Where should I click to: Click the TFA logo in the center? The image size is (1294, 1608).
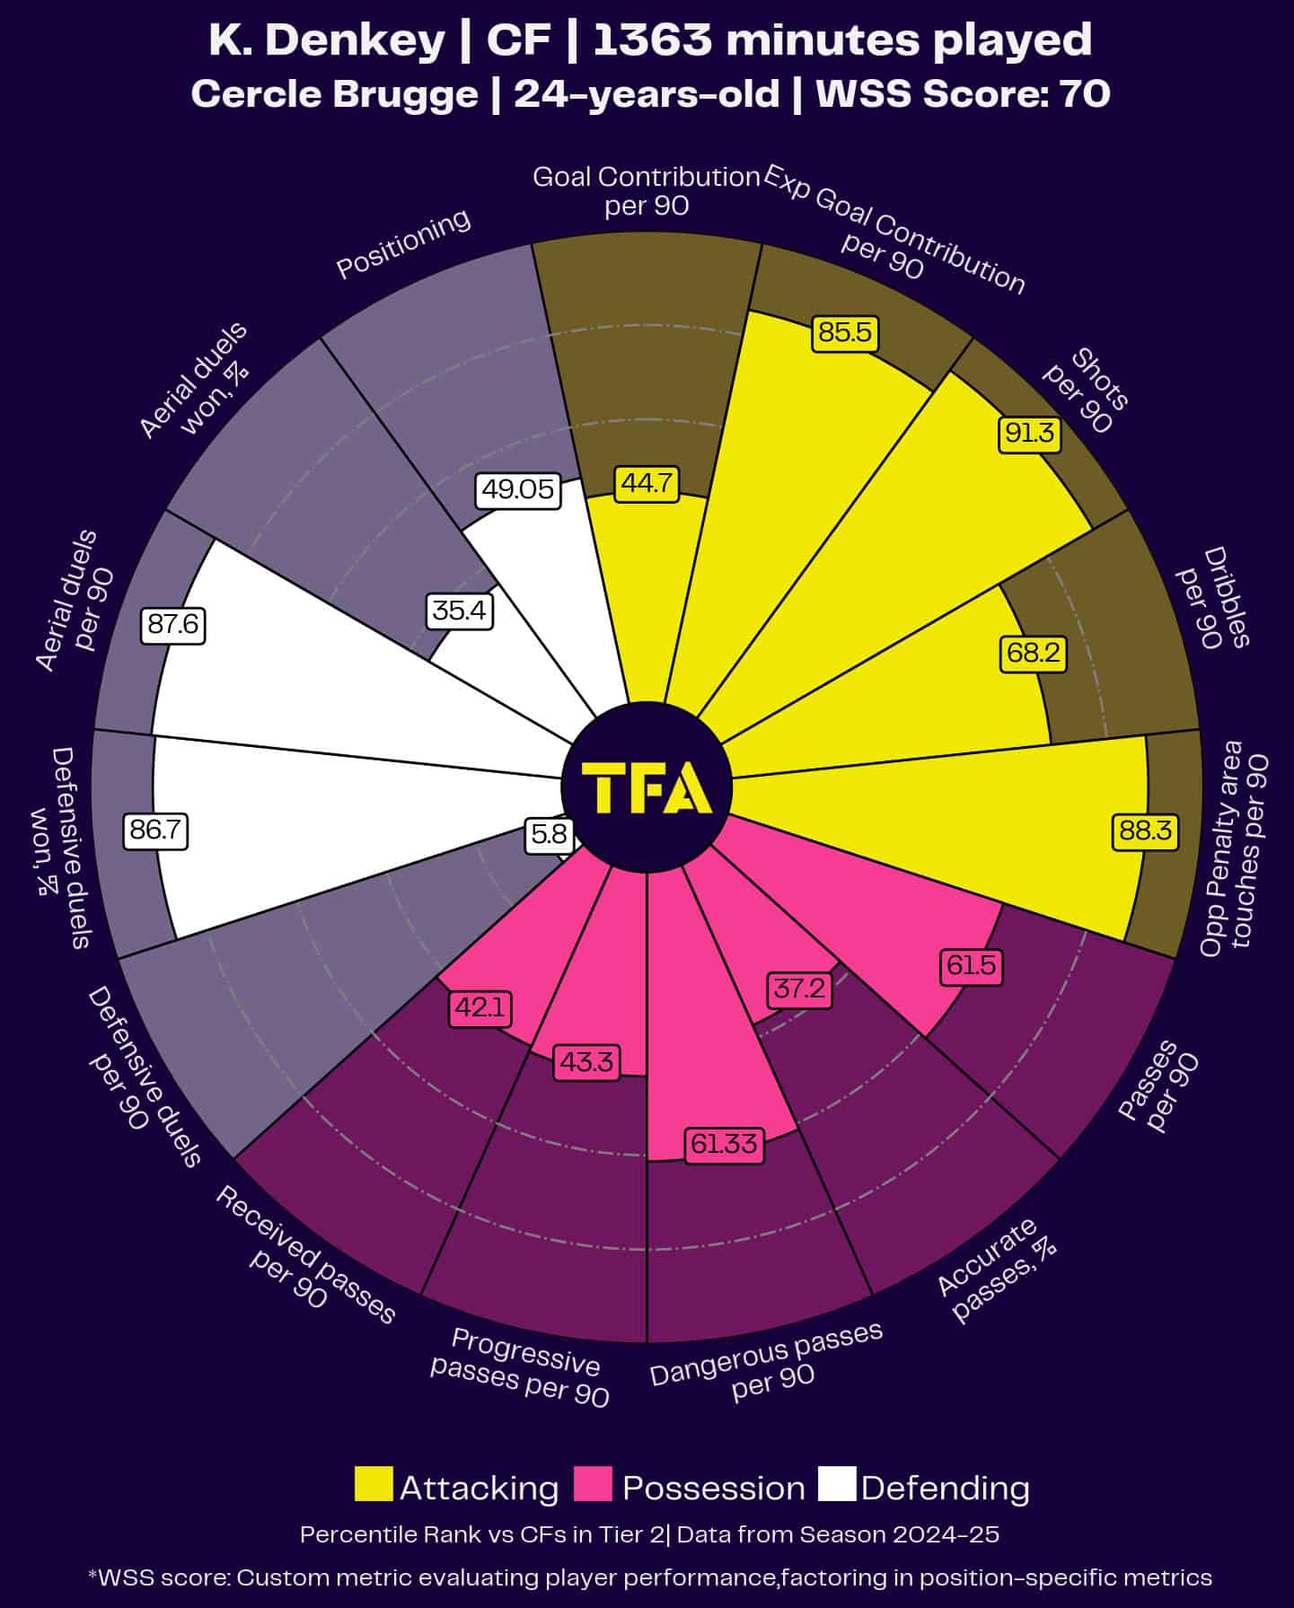647,787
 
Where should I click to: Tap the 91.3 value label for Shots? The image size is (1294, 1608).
1029,434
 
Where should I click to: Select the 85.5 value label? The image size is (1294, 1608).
845,333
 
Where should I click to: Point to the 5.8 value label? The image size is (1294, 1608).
549,835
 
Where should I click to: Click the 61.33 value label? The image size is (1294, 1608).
724,1144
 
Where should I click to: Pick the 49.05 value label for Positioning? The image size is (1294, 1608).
517,489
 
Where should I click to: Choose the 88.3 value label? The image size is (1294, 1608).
1144,830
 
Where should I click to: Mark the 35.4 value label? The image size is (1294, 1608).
460,611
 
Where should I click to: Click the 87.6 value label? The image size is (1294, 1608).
172,624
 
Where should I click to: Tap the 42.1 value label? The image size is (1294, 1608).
480,1007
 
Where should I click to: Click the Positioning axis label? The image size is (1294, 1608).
403,243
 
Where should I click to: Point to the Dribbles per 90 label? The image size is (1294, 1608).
1214,598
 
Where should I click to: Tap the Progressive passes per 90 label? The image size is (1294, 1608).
521,1366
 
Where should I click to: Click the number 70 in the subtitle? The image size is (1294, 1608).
1086,94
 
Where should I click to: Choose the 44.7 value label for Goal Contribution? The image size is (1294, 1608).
646,483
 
